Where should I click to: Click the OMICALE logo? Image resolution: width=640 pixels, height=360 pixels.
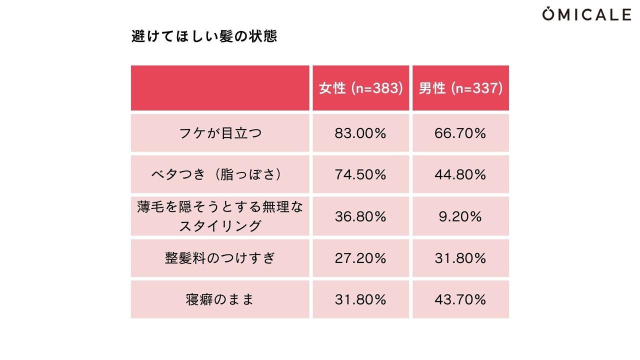pyautogui.click(x=586, y=14)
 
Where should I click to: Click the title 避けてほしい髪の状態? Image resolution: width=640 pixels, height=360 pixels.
pyautogui.click(x=204, y=37)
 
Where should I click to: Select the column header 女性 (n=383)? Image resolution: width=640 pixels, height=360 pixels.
pyautogui.click(x=360, y=88)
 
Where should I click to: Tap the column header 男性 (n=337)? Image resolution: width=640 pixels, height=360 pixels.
pyautogui.click(x=460, y=88)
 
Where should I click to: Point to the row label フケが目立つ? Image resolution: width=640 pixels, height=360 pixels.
pyautogui.click(x=220, y=133)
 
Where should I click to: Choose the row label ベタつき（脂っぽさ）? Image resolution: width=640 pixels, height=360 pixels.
pyautogui.click(x=220, y=174)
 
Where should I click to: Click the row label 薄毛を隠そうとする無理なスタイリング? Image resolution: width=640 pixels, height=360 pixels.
pyautogui.click(x=220, y=216)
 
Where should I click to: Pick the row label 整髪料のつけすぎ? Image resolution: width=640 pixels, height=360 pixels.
pyautogui.click(x=220, y=258)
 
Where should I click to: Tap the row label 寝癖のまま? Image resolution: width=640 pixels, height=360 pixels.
pyautogui.click(x=220, y=299)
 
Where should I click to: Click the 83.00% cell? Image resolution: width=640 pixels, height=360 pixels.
pyautogui.click(x=360, y=133)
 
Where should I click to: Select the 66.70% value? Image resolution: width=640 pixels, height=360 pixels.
pyautogui.click(x=460, y=133)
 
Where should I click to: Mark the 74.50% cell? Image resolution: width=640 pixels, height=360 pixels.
pyautogui.click(x=360, y=174)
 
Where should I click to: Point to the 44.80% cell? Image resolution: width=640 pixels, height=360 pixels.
pyautogui.click(x=460, y=174)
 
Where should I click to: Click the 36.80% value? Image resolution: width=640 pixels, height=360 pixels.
pyautogui.click(x=360, y=216)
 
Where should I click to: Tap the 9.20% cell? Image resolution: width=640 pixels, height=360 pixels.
pyautogui.click(x=460, y=216)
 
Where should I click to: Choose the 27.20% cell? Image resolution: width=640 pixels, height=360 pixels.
pyautogui.click(x=360, y=258)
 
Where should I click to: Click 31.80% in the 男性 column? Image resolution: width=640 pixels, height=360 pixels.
pyautogui.click(x=460, y=258)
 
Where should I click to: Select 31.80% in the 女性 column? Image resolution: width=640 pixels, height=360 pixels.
pyautogui.click(x=360, y=299)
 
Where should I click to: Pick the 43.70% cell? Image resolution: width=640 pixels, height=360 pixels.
pyautogui.click(x=460, y=299)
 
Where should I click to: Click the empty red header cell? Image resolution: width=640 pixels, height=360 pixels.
pyautogui.click(x=220, y=88)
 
